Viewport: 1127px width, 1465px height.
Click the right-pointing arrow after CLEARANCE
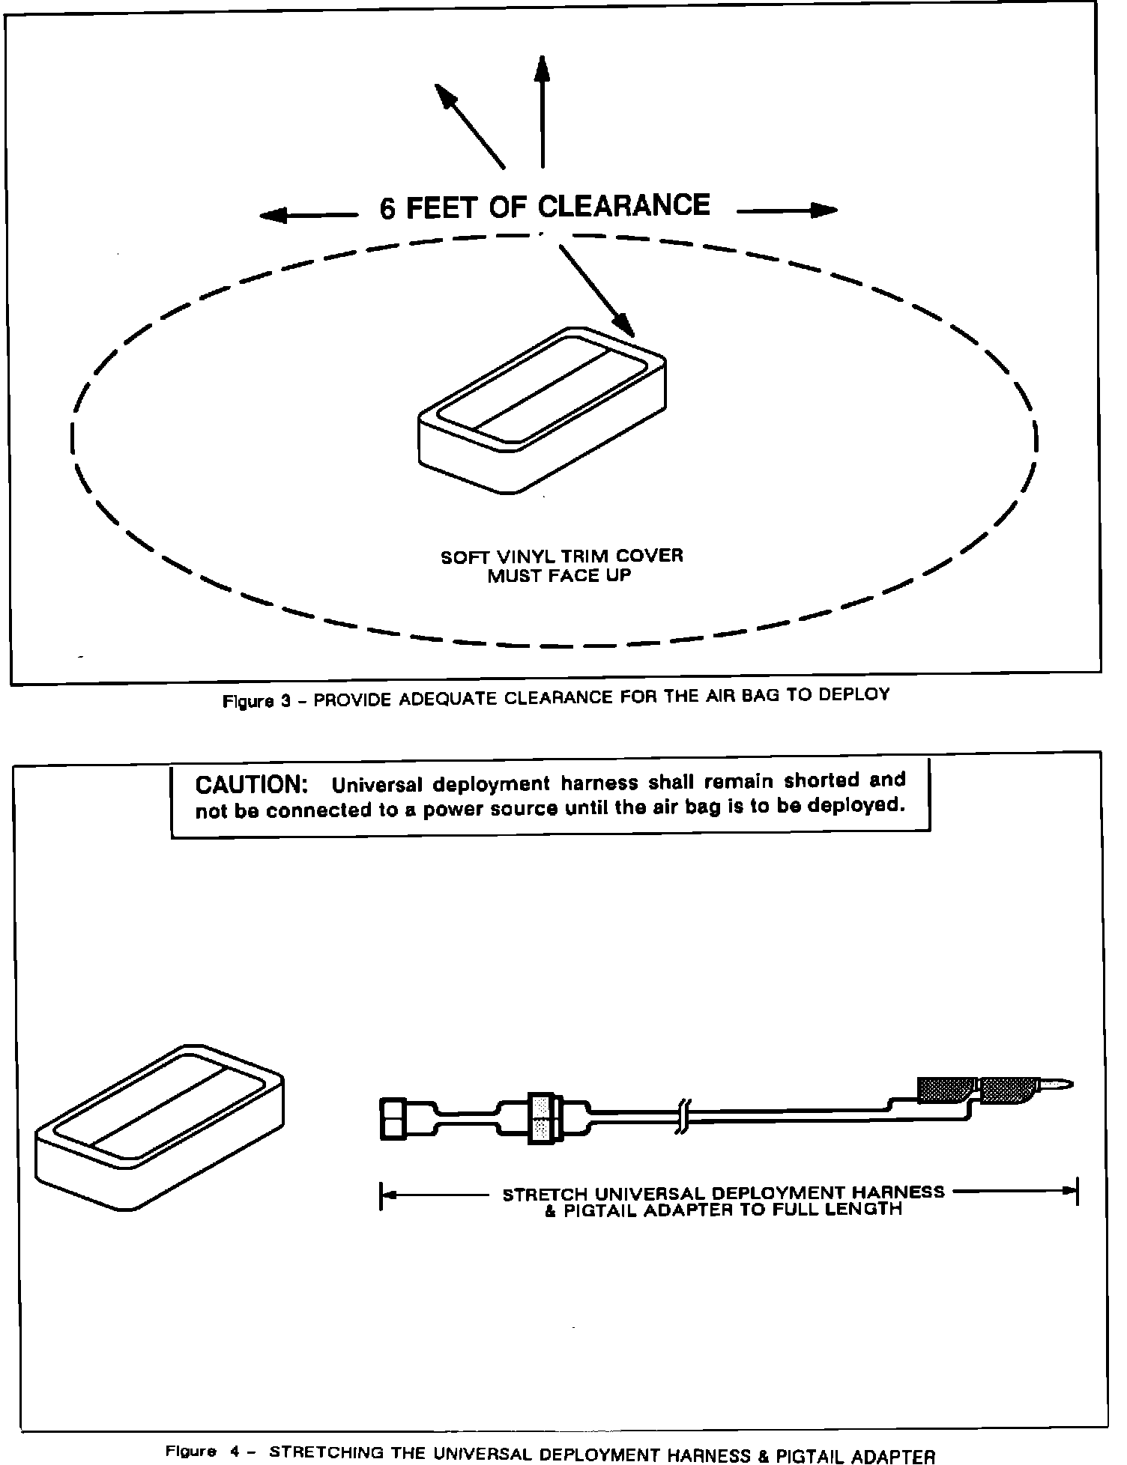tap(787, 211)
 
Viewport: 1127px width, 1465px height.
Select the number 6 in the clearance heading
tap(387, 209)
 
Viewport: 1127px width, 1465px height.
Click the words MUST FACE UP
tap(559, 576)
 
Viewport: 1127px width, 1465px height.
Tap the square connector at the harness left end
tap(395, 1119)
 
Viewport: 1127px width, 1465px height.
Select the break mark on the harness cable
tap(684, 1115)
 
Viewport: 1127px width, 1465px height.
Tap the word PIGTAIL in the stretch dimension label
tap(599, 1210)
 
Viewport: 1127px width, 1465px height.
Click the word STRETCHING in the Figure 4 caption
tap(327, 1452)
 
